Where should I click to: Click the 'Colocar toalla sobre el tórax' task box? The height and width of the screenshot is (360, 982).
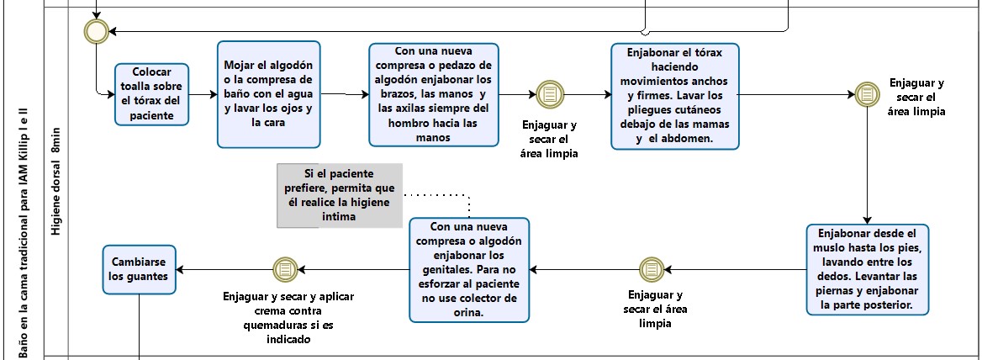(152, 94)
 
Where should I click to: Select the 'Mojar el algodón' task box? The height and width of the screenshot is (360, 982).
(268, 93)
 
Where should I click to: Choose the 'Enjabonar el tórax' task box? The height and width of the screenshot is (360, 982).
(673, 97)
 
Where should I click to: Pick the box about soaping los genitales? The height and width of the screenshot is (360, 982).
(468, 270)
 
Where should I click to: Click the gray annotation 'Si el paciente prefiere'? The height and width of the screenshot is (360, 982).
(339, 195)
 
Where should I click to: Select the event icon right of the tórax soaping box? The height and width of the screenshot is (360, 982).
(867, 94)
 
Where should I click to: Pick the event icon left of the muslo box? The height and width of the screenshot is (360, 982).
(651, 269)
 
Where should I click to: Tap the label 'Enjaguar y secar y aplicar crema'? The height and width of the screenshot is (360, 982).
(288, 318)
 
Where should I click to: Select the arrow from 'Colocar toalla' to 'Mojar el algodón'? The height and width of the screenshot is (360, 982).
(203, 94)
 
